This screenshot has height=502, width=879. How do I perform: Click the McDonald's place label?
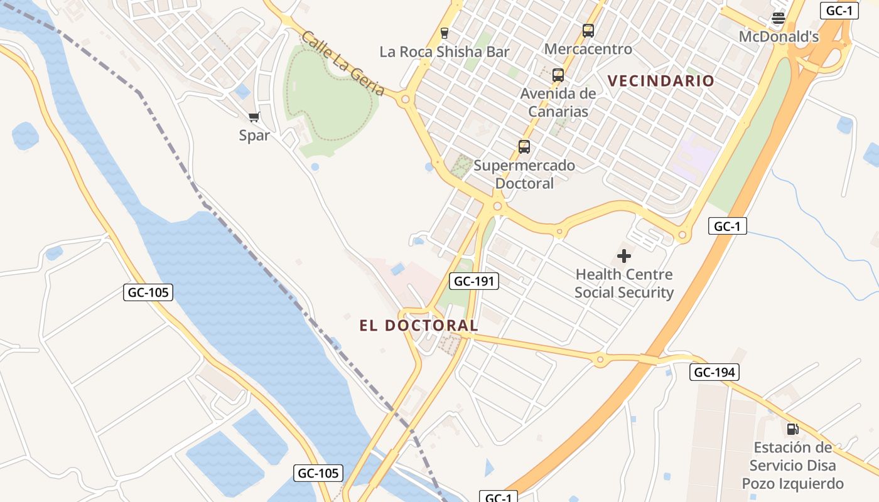(x=779, y=37)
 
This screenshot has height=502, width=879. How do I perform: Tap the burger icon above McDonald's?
(x=779, y=18)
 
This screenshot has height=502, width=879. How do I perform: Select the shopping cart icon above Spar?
(x=254, y=117)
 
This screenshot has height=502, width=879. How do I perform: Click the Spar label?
(x=254, y=136)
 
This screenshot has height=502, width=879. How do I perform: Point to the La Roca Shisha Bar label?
(x=445, y=52)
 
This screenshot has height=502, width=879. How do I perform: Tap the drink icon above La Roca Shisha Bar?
(x=445, y=33)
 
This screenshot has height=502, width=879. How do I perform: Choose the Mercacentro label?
(x=588, y=49)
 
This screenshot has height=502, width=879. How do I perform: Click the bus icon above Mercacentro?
(x=588, y=30)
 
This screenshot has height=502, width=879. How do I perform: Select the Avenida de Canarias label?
(x=558, y=103)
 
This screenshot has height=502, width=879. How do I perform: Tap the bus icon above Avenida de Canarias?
(x=558, y=75)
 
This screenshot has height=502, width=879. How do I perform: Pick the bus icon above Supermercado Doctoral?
(x=524, y=147)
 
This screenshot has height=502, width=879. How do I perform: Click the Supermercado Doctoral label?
(x=524, y=174)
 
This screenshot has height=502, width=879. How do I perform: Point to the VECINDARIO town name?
(x=661, y=81)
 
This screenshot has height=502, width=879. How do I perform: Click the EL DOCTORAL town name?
(x=419, y=326)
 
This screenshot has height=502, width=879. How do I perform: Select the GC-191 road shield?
(x=475, y=281)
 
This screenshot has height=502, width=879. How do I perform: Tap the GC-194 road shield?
(x=715, y=372)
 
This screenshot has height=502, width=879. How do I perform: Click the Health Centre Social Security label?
(x=624, y=284)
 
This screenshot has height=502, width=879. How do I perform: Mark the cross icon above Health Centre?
(x=624, y=256)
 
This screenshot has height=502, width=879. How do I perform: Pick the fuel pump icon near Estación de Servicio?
(x=792, y=429)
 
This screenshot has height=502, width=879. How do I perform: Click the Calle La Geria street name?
(x=343, y=63)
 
